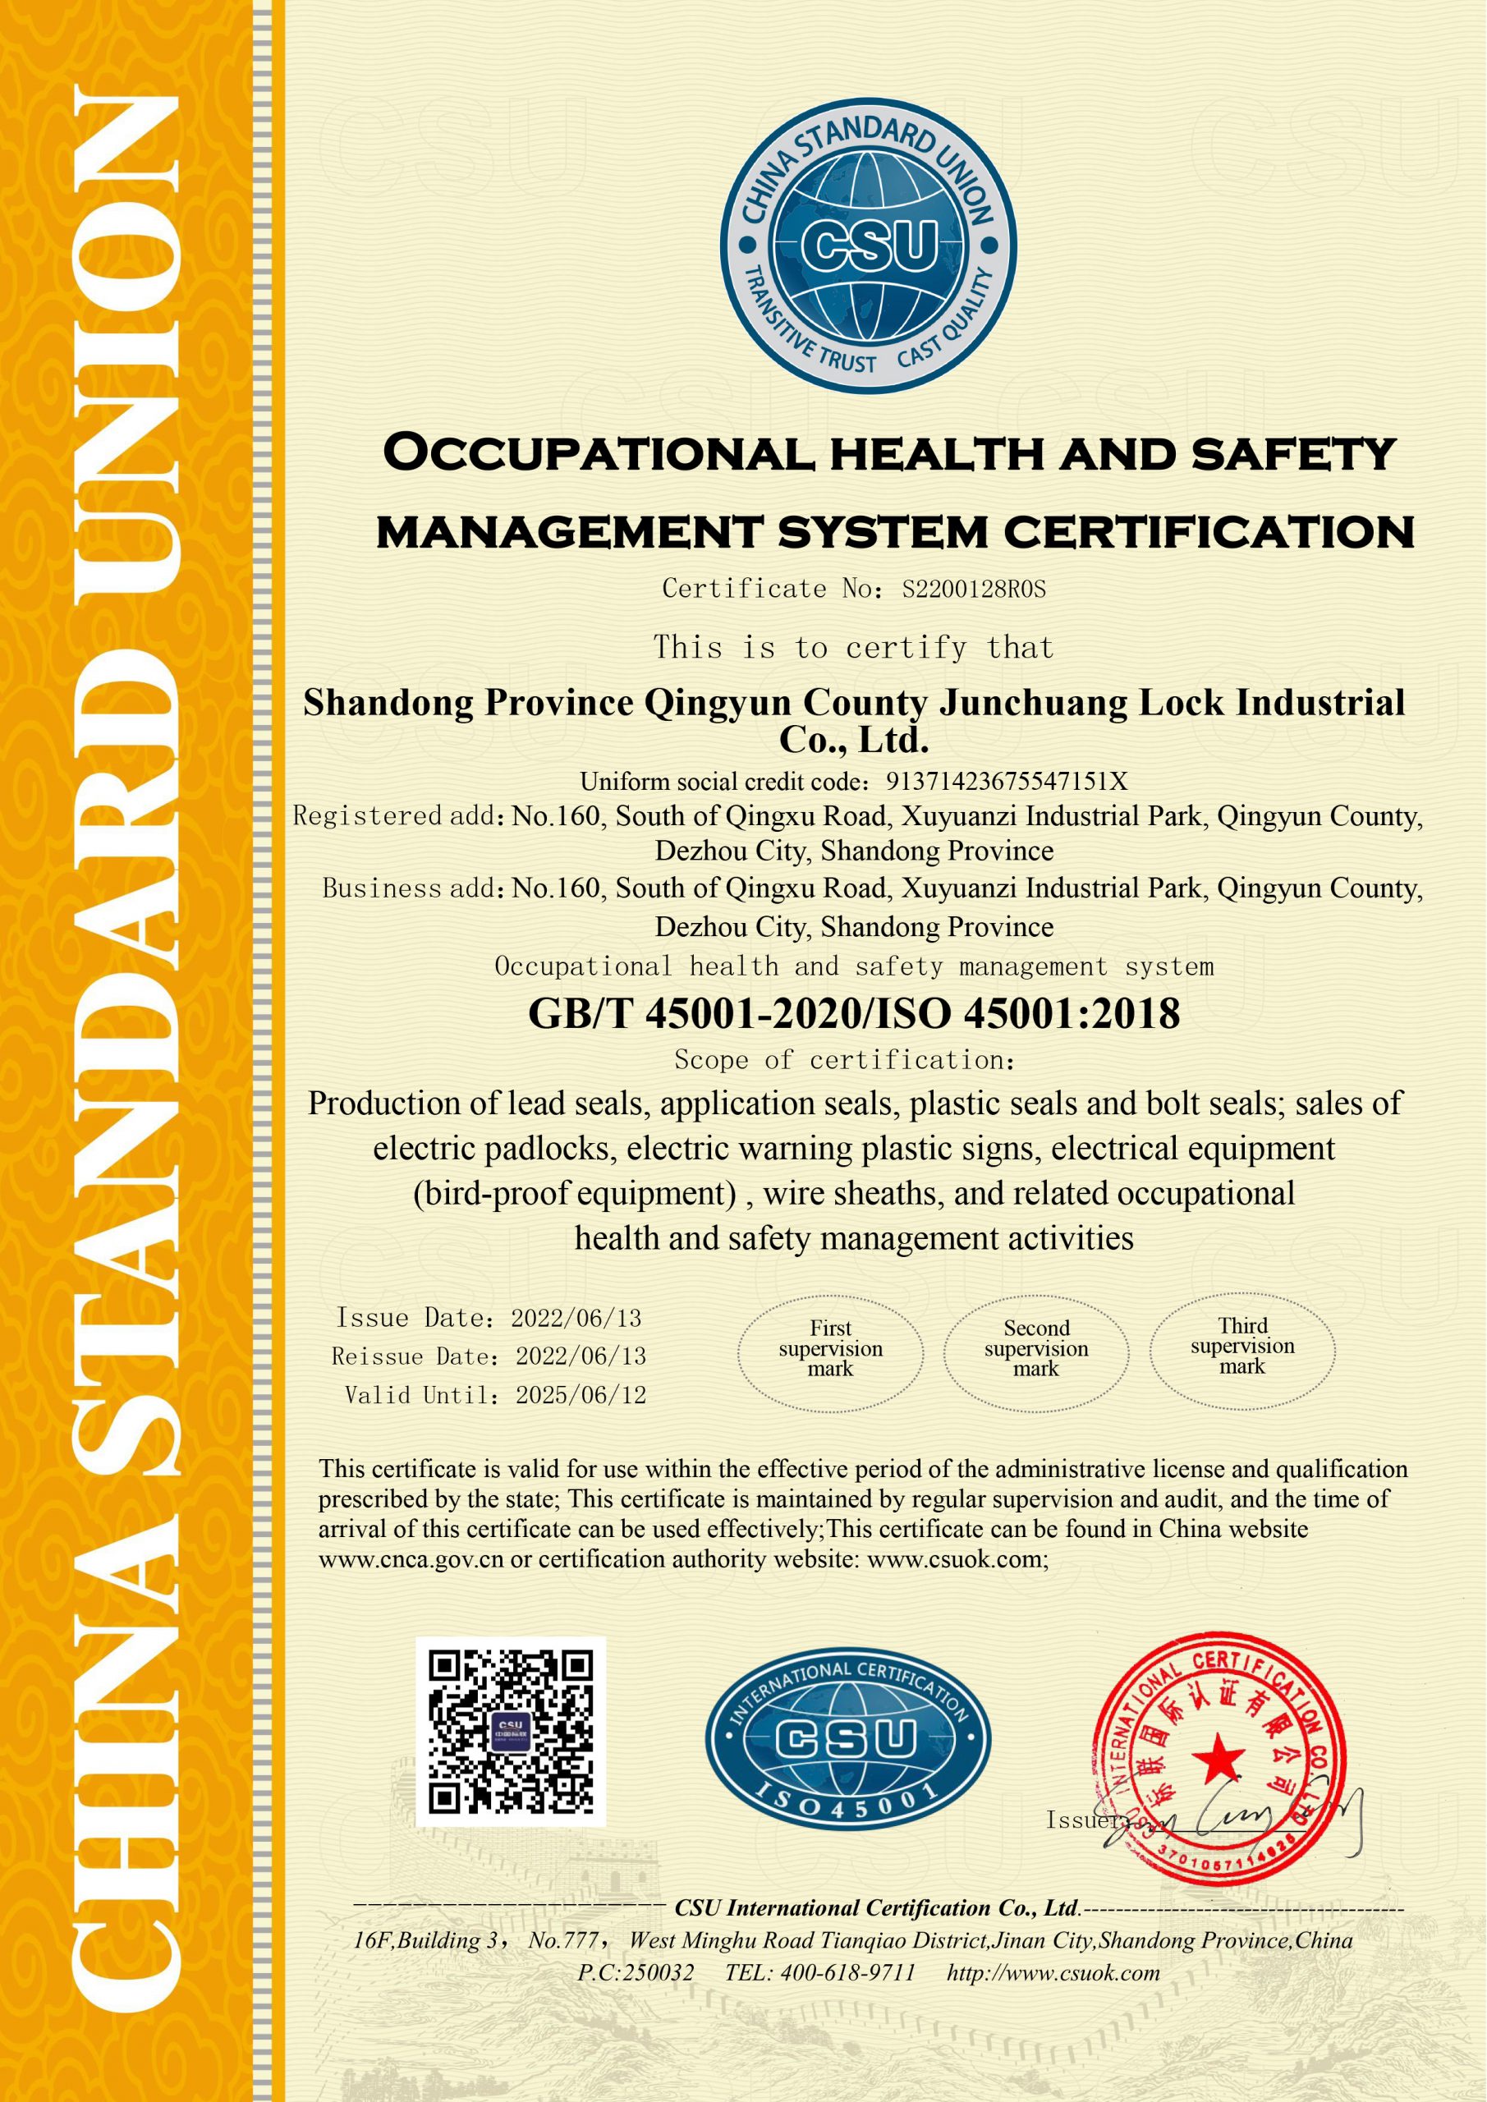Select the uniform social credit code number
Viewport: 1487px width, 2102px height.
pos(1007,781)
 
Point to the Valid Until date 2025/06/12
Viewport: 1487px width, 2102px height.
pos(581,1395)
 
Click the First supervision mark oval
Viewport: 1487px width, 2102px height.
pos(830,1353)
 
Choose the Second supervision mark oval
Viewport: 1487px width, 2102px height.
pos(1036,1353)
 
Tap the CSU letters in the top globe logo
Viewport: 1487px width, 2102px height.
pos(869,246)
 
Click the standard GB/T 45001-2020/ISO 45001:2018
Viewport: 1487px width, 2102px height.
pos(853,1013)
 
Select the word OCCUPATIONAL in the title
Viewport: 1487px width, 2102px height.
pos(597,453)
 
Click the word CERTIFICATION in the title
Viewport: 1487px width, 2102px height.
pos(1209,532)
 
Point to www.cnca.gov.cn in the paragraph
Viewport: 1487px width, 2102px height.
pos(411,1559)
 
